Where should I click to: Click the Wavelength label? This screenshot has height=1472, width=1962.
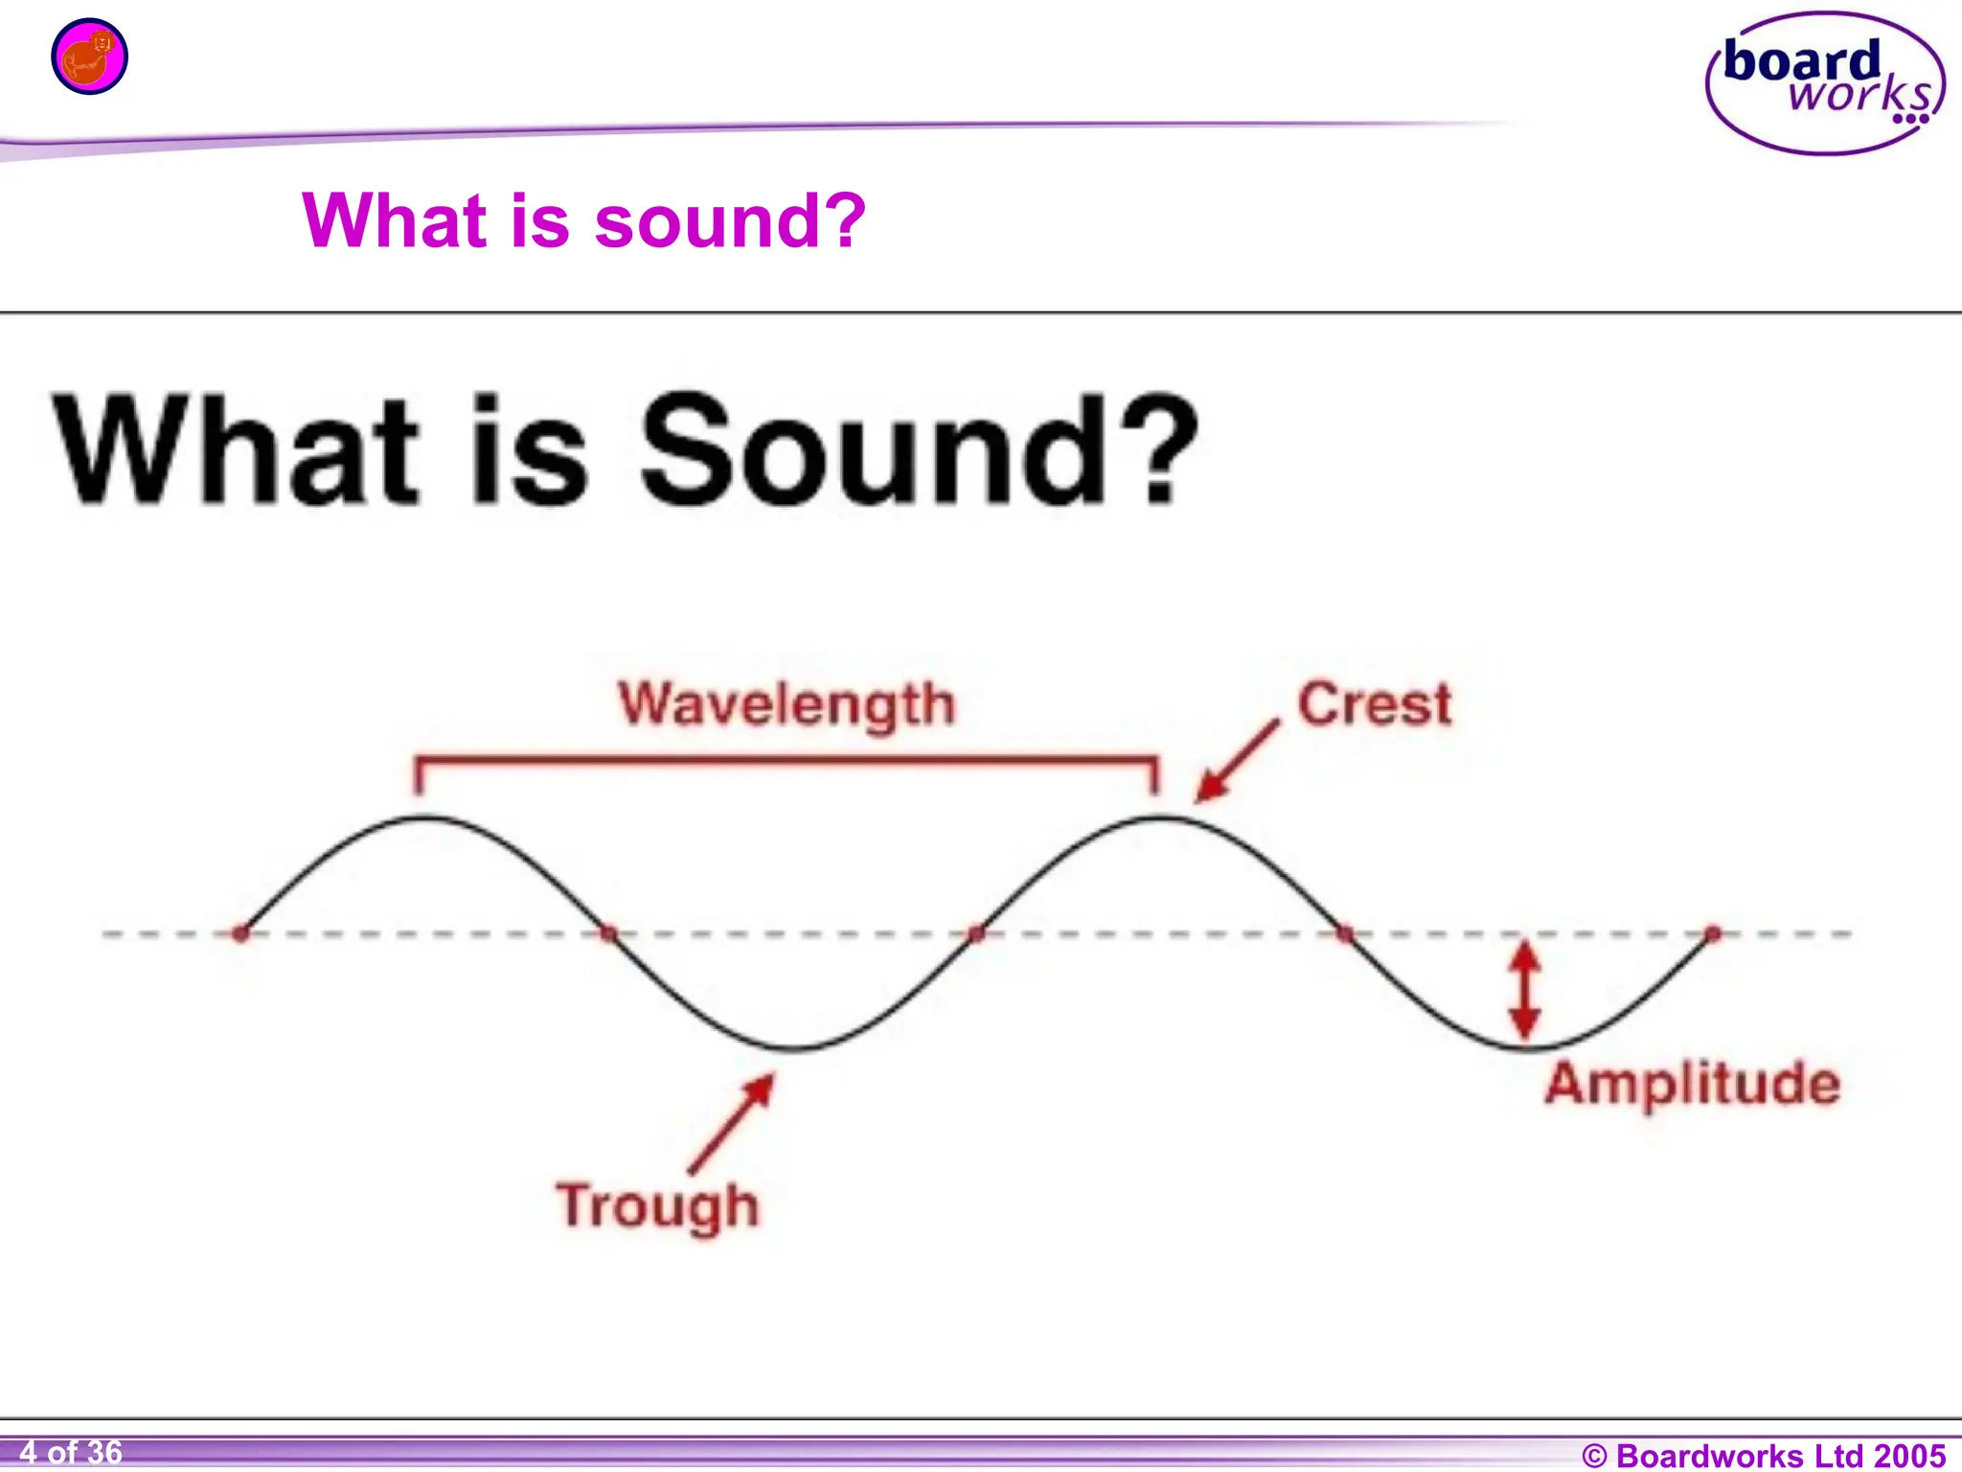[787, 705]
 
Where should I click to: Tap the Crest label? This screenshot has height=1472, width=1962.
[1375, 704]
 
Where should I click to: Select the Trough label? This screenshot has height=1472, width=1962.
[658, 1207]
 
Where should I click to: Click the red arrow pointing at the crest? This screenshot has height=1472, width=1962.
[1237, 761]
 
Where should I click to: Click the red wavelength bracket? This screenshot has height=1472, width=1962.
[787, 761]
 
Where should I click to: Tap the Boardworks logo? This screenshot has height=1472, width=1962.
[1825, 83]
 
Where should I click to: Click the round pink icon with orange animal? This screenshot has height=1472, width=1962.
[89, 57]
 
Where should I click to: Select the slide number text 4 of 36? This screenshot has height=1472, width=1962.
[71, 1453]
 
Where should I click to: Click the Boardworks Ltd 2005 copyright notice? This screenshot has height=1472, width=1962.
[1764, 1456]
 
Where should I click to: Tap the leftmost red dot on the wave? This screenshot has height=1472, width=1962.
[240, 932]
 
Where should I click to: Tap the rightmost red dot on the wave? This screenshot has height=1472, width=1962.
[1713, 932]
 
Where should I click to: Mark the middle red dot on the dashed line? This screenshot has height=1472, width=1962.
[976, 932]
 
